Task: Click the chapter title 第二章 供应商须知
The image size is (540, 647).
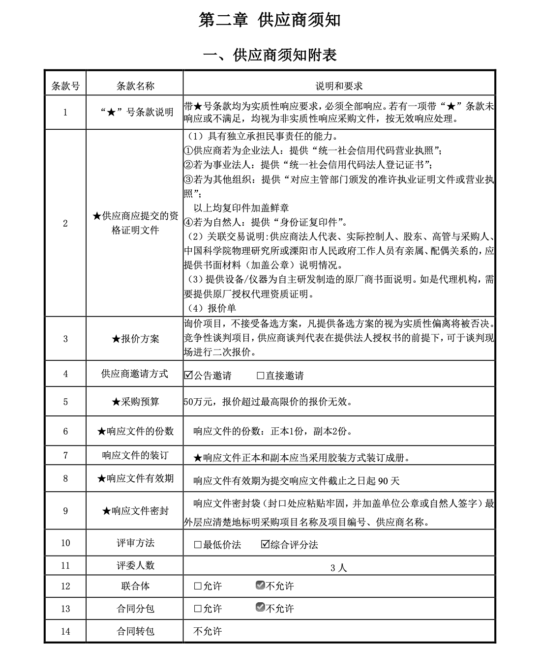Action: click(x=270, y=20)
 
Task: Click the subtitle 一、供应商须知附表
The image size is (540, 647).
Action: click(x=270, y=55)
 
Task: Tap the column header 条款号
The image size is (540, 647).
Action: click(x=65, y=86)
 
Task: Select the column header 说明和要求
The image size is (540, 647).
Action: click(x=339, y=86)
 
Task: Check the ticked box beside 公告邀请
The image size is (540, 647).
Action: click(x=188, y=375)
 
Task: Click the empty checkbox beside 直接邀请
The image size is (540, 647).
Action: click(x=261, y=376)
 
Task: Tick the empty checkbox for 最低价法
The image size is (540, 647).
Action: click(x=198, y=545)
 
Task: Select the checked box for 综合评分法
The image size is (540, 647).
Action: click(x=265, y=544)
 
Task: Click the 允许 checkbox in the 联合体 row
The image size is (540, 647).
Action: click(x=198, y=586)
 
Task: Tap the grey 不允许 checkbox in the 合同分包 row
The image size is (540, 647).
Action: click(x=260, y=608)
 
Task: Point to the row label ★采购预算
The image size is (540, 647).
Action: click(x=135, y=402)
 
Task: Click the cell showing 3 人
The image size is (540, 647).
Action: click(x=338, y=568)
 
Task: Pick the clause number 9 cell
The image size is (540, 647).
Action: click(x=65, y=511)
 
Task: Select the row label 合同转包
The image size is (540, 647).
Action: click(x=135, y=631)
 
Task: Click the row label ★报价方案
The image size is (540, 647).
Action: click(x=135, y=339)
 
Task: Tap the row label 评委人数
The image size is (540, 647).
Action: click(x=135, y=565)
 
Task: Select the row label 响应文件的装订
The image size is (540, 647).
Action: click(x=135, y=455)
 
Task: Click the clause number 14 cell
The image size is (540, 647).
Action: click(x=65, y=631)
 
